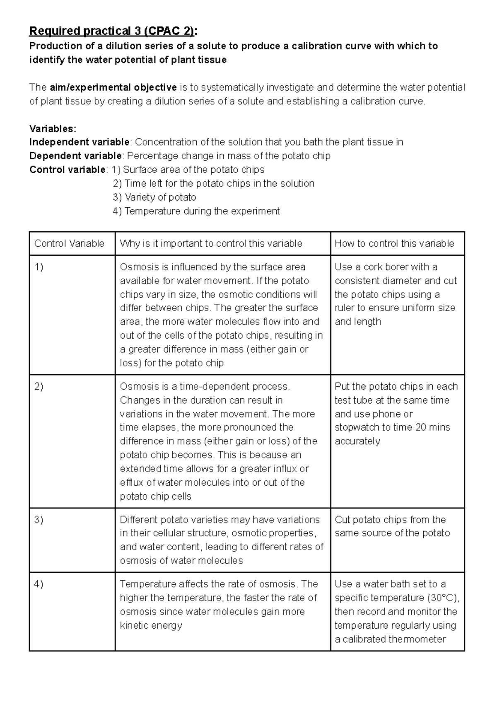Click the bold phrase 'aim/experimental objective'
tap(113, 87)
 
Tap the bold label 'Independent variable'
tap(80, 142)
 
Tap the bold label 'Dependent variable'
tap(76, 156)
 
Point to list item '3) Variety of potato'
tap(154, 197)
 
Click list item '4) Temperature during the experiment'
tap(196, 211)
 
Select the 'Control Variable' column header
tap(69, 243)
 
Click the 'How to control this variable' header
tap(394, 243)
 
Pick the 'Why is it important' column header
tap(211, 243)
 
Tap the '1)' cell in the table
tap(39, 267)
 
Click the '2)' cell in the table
tap(39, 386)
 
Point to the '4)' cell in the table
tap(39, 584)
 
